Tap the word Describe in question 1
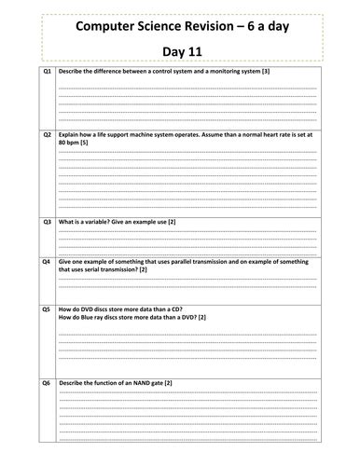[x=71, y=72]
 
